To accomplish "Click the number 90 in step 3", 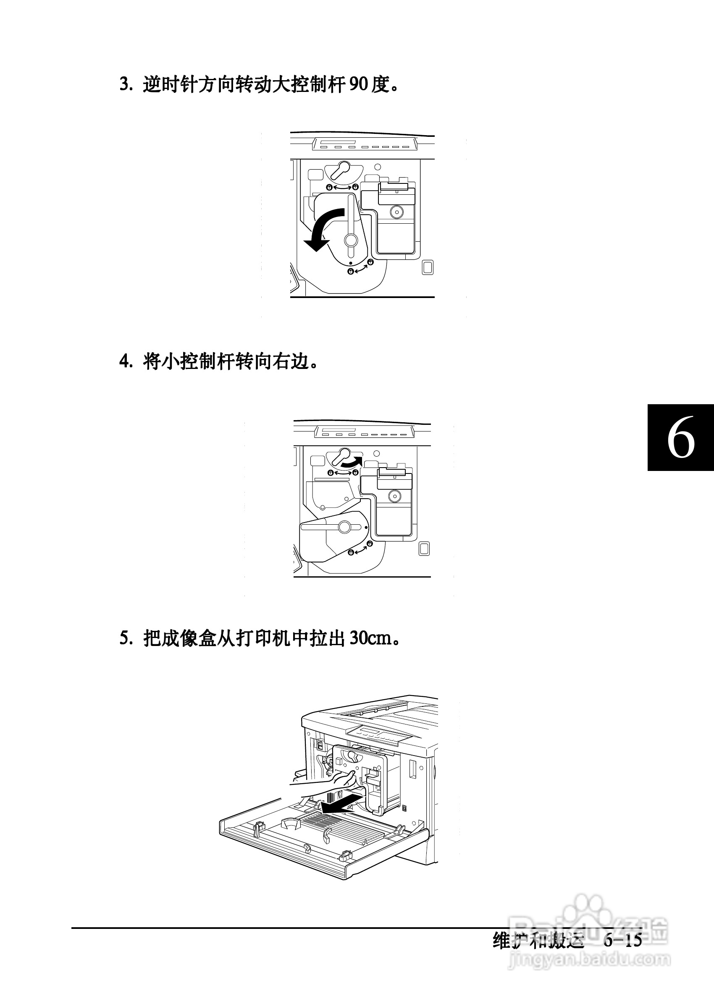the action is tap(359, 84).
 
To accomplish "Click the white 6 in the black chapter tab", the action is tap(680, 438).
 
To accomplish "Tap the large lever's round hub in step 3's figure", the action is tap(351, 240).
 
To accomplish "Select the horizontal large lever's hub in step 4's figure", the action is tap(344, 526).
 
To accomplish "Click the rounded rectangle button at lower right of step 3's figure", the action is tap(427, 267).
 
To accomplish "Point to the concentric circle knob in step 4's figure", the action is tap(394, 497).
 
